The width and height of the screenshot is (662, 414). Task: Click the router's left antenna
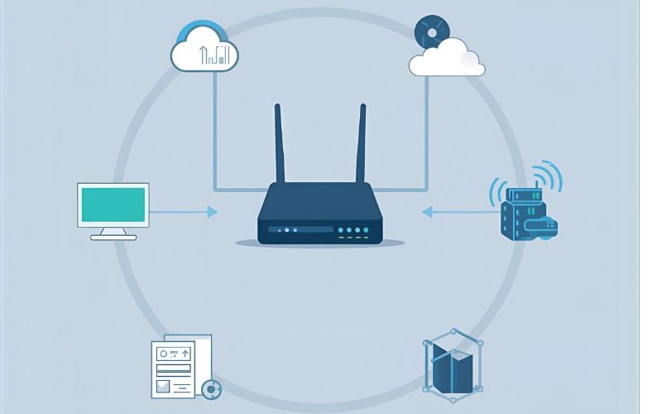pyautogui.click(x=279, y=145)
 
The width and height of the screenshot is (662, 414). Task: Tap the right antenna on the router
pyautogui.click(x=362, y=145)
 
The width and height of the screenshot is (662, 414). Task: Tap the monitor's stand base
pyautogui.click(x=113, y=237)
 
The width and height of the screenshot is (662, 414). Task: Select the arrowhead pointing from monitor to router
pyautogui.click(x=213, y=212)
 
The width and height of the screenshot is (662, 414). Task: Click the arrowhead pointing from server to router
pyautogui.click(x=427, y=212)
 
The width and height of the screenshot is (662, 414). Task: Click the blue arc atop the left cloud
pyautogui.click(x=204, y=25)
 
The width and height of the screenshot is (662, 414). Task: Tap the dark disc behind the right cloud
pyautogui.click(x=430, y=31)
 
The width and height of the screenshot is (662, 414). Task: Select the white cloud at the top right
pyautogui.click(x=447, y=58)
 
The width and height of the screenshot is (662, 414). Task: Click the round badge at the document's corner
pyautogui.click(x=211, y=388)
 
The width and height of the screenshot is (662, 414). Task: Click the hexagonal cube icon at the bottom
pyautogui.click(x=452, y=364)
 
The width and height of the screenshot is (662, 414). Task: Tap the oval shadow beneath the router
pyautogui.click(x=319, y=243)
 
